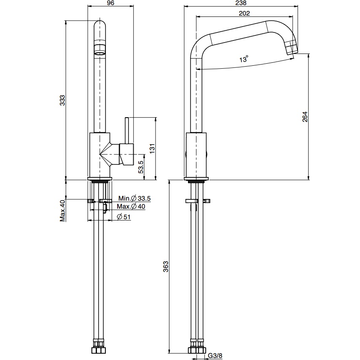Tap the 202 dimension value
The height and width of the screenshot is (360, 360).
(x=244, y=13)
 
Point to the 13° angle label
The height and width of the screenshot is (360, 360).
(x=244, y=59)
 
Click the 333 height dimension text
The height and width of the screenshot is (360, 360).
(x=62, y=100)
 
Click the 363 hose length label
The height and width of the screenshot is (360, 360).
(x=166, y=266)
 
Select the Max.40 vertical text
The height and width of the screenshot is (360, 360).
(x=62, y=210)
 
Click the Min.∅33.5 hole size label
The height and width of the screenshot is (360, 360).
(x=134, y=199)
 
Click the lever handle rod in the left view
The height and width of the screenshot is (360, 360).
(x=126, y=131)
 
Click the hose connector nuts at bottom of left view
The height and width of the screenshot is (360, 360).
(x=100, y=350)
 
